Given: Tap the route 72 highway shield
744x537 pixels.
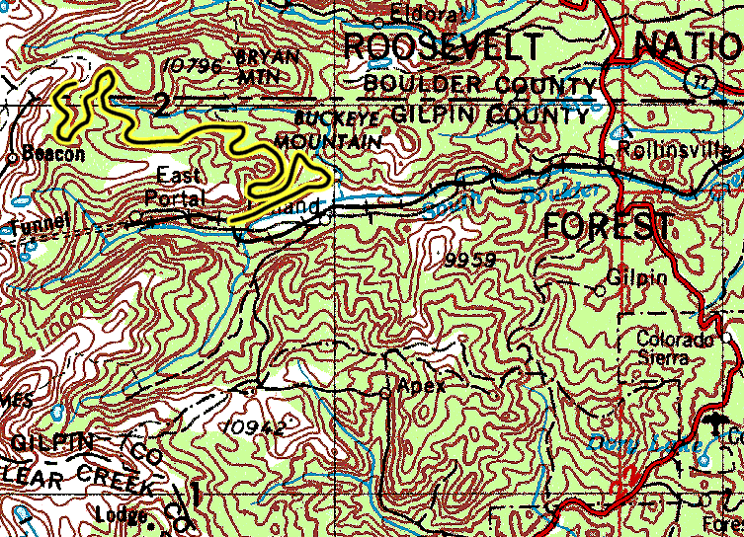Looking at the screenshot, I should tap(703, 80).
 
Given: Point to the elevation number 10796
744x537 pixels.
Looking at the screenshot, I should tap(197, 66).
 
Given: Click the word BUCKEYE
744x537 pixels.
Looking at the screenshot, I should tap(325, 119).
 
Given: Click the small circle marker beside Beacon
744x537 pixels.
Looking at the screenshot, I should tap(11, 156).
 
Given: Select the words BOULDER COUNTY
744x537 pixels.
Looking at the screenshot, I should tap(480, 84).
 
